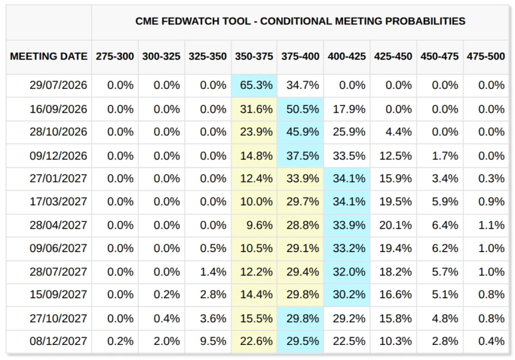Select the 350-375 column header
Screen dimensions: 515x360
point(254,56)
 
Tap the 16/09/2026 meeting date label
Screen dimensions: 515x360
point(59,109)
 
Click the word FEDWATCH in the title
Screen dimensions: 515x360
point(190,21)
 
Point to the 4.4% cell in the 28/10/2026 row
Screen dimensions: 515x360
point(399,132)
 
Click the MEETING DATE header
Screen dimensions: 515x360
point(49,56)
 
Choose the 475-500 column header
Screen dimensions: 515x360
point(486,56)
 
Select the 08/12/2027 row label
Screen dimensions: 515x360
point(59,341)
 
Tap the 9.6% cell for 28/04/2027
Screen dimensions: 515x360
point(260,225)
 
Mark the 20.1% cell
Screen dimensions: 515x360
point(396,225)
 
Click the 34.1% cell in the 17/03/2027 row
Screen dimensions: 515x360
point(349,201)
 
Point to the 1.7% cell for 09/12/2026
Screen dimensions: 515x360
point(445,155)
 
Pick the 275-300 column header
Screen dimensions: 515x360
point(115,56)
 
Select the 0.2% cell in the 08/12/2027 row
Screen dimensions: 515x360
point(121,341)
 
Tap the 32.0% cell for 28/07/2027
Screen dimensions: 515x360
point(349,272)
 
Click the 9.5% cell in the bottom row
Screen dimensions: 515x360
point(213,341)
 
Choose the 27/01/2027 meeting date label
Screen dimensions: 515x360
point(59,179)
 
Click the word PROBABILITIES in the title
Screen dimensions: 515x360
point(425,21)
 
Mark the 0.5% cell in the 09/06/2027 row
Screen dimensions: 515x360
point(213,248)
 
